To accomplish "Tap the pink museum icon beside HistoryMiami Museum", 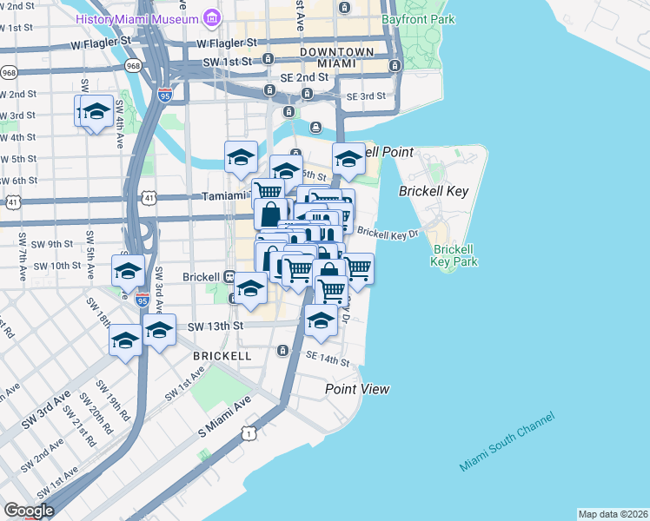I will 211,17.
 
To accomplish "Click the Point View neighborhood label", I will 357,389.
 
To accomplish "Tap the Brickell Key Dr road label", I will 388,234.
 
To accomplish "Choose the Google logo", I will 28,511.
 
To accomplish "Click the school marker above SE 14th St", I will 321,320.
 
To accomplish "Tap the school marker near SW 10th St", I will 128,270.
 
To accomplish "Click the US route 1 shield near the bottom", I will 249,432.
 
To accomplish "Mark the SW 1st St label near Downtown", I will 227,62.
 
